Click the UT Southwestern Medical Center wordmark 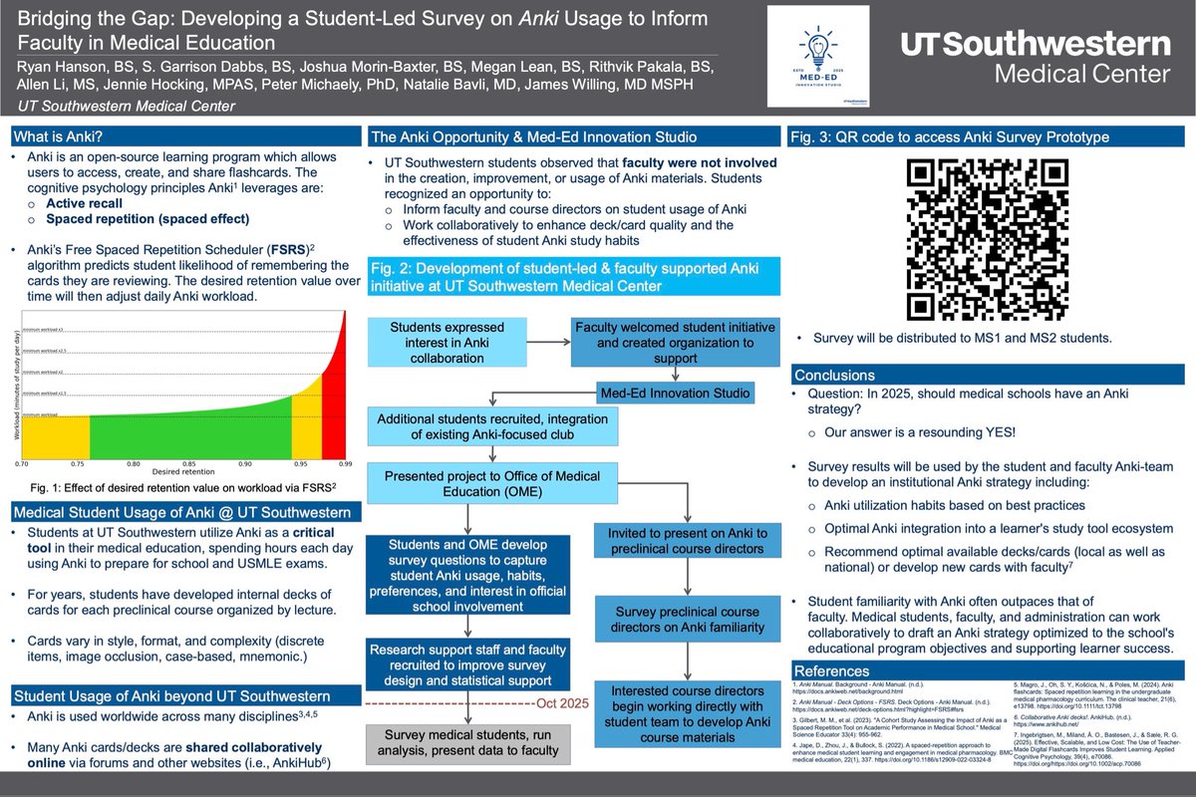1036,59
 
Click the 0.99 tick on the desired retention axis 345,464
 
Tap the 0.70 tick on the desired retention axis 22,464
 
